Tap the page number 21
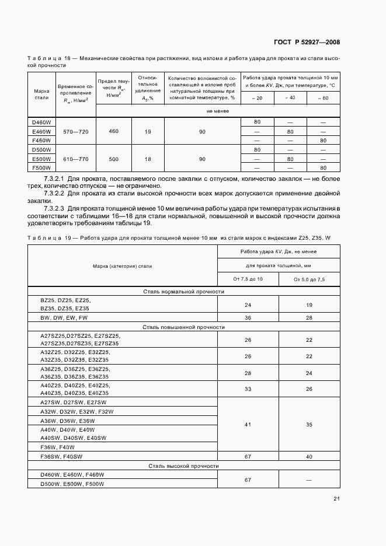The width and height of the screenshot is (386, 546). (336, 498)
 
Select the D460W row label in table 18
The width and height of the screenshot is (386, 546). (41, 121)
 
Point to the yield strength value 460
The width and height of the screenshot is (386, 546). (113, 131)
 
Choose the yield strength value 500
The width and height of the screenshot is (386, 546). (113, 159)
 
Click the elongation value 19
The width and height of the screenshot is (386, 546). (148, 132)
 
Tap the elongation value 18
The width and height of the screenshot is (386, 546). (148, 159)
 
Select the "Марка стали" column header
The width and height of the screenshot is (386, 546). (41, 94)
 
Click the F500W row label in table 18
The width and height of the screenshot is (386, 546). (41, 168)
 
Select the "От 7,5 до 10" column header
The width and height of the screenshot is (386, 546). (248, 279)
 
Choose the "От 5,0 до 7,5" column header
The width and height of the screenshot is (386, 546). (309, 279)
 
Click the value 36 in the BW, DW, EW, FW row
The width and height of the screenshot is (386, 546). (248, 318)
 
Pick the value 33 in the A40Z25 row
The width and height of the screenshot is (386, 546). (248, 389)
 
